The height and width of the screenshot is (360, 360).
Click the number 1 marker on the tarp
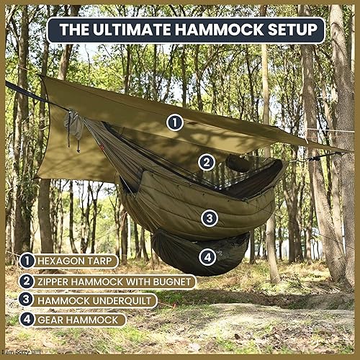coord(175,122)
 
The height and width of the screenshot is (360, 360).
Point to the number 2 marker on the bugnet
coord(207,162)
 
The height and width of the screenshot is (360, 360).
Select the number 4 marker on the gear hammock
coord(207,256)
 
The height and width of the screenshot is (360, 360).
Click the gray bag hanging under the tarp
coord(75,127)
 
